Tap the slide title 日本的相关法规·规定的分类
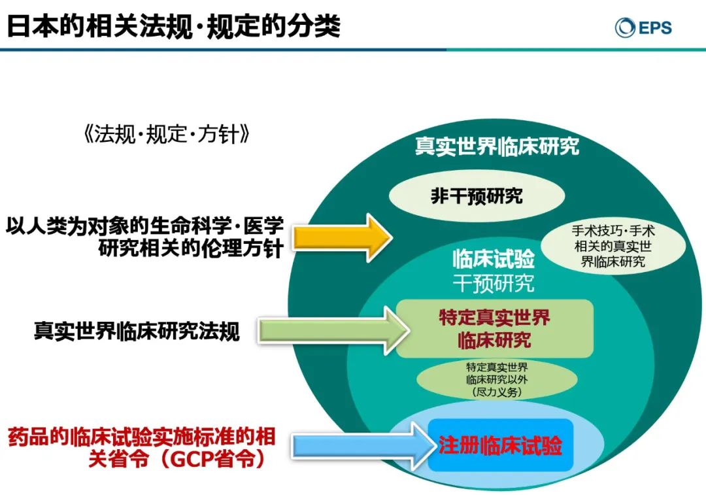[x=174, y=27]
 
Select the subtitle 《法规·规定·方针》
[x=167, y=134]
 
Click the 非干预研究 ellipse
[x=477, y=196]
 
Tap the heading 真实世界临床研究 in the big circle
[x=497, y=146]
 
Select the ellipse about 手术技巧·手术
[x=613, y=246]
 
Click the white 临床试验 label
[x=494, y=258]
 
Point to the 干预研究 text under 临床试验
[x=494, y=283]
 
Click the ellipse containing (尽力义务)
[x=497, y=379]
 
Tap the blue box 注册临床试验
[x=500, y=445]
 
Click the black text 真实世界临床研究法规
[x=137, y=331]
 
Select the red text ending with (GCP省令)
[x=141, y=448]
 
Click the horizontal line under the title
[x=353, y=50]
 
